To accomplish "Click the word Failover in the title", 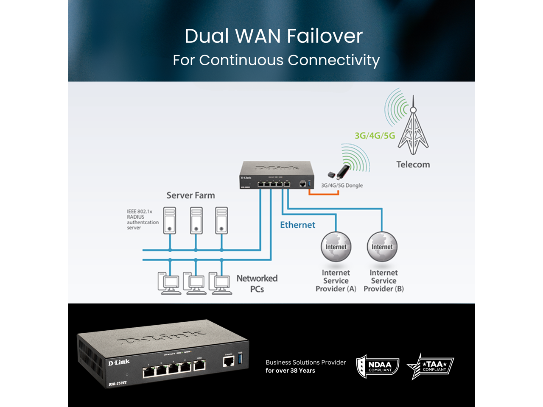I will (x=325, y=36).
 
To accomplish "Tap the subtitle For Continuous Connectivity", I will (x=276, y=60).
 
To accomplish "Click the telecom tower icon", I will (x=413, y=127).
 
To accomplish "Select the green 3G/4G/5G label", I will (x=375, y=136).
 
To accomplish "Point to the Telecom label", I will (x=413, y=164).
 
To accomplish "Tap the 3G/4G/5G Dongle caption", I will (x=342, y=185).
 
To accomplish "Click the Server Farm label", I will (x=190, y=195).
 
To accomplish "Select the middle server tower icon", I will (x=196, y=220).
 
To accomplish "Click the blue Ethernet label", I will (x=297, y=225).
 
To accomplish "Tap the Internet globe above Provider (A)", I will (x=336, y=247).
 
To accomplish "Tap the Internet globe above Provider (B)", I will (x=382, y=247).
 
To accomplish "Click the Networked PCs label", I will (x=257, y=284).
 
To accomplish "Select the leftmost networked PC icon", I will (x=168, y=283).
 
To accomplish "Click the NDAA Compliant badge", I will (x=378, y=366).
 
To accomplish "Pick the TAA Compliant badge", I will (x=431, y=366).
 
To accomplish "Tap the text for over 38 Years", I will (x=290, y=371).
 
